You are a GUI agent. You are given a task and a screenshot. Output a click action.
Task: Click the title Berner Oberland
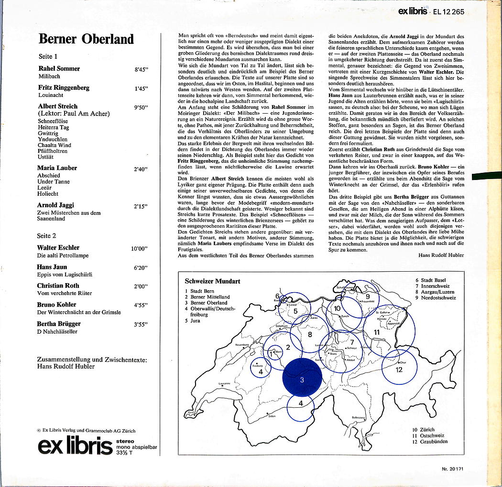pos(86,39)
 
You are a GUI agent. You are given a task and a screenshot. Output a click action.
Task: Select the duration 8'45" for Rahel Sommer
pos(142,69)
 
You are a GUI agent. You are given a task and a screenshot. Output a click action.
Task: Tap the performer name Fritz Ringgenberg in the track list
pos(64,88)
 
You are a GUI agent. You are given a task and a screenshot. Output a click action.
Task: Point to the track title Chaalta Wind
pos(54,145)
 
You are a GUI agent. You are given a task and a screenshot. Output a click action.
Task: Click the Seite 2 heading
pos(47,236)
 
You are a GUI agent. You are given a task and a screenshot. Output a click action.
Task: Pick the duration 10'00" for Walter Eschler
pos(139,248)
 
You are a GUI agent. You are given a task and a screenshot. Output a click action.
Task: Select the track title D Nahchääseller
pos(57,331)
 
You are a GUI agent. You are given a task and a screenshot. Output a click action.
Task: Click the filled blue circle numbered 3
pos(302,380)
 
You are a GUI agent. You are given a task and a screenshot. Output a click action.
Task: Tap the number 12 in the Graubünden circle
pos(399,370)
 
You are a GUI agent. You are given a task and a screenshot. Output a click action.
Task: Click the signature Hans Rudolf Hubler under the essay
pos(441,255)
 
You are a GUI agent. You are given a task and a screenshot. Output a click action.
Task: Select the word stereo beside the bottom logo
pos(125,441)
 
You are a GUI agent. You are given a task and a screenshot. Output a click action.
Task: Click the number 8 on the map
pos(310,334)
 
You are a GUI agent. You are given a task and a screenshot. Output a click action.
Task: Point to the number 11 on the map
pos(377,331)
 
